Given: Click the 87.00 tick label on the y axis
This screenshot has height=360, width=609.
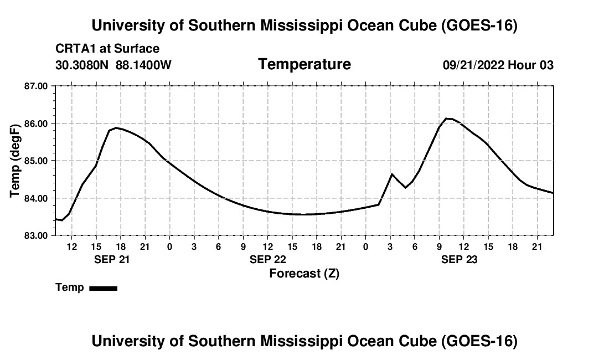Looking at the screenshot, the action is tap(36, 86).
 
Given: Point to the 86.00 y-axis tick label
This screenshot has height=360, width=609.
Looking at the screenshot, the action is tap(36, 124).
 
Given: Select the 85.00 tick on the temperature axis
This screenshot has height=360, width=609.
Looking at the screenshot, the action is tap(36, 161).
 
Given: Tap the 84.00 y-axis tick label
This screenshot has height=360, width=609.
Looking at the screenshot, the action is tap(36, 198).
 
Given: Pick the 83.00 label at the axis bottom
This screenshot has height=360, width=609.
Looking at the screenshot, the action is tap(36, 236).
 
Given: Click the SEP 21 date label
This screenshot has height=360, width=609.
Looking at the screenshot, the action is tap(112, 259).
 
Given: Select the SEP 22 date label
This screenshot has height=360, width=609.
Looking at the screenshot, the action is tap(268, 259).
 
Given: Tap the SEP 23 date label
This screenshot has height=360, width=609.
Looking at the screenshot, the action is tap(459, 259).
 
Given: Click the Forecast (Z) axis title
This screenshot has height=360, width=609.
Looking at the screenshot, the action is tap(304, 274).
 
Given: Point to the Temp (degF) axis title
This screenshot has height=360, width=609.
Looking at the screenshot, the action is tap(15, 161).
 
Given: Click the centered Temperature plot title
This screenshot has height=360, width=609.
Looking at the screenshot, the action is tap(304, 64).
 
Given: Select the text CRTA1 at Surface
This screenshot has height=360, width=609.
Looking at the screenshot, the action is tap(107, 49).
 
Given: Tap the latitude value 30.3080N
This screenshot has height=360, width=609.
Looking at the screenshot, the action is tap(82, 65).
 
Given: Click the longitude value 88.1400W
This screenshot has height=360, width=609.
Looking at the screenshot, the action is tap(143, 65).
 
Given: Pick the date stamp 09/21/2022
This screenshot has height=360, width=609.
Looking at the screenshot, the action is tap(473, 65).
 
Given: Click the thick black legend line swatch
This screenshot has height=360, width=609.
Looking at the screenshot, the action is tap(104, 288).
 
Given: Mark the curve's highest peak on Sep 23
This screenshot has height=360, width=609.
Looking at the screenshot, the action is tap(446, 118).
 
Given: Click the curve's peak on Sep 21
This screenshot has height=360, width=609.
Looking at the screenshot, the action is tap(116, 128).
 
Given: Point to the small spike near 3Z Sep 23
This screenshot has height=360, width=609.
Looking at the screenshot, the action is tap(391, 173).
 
